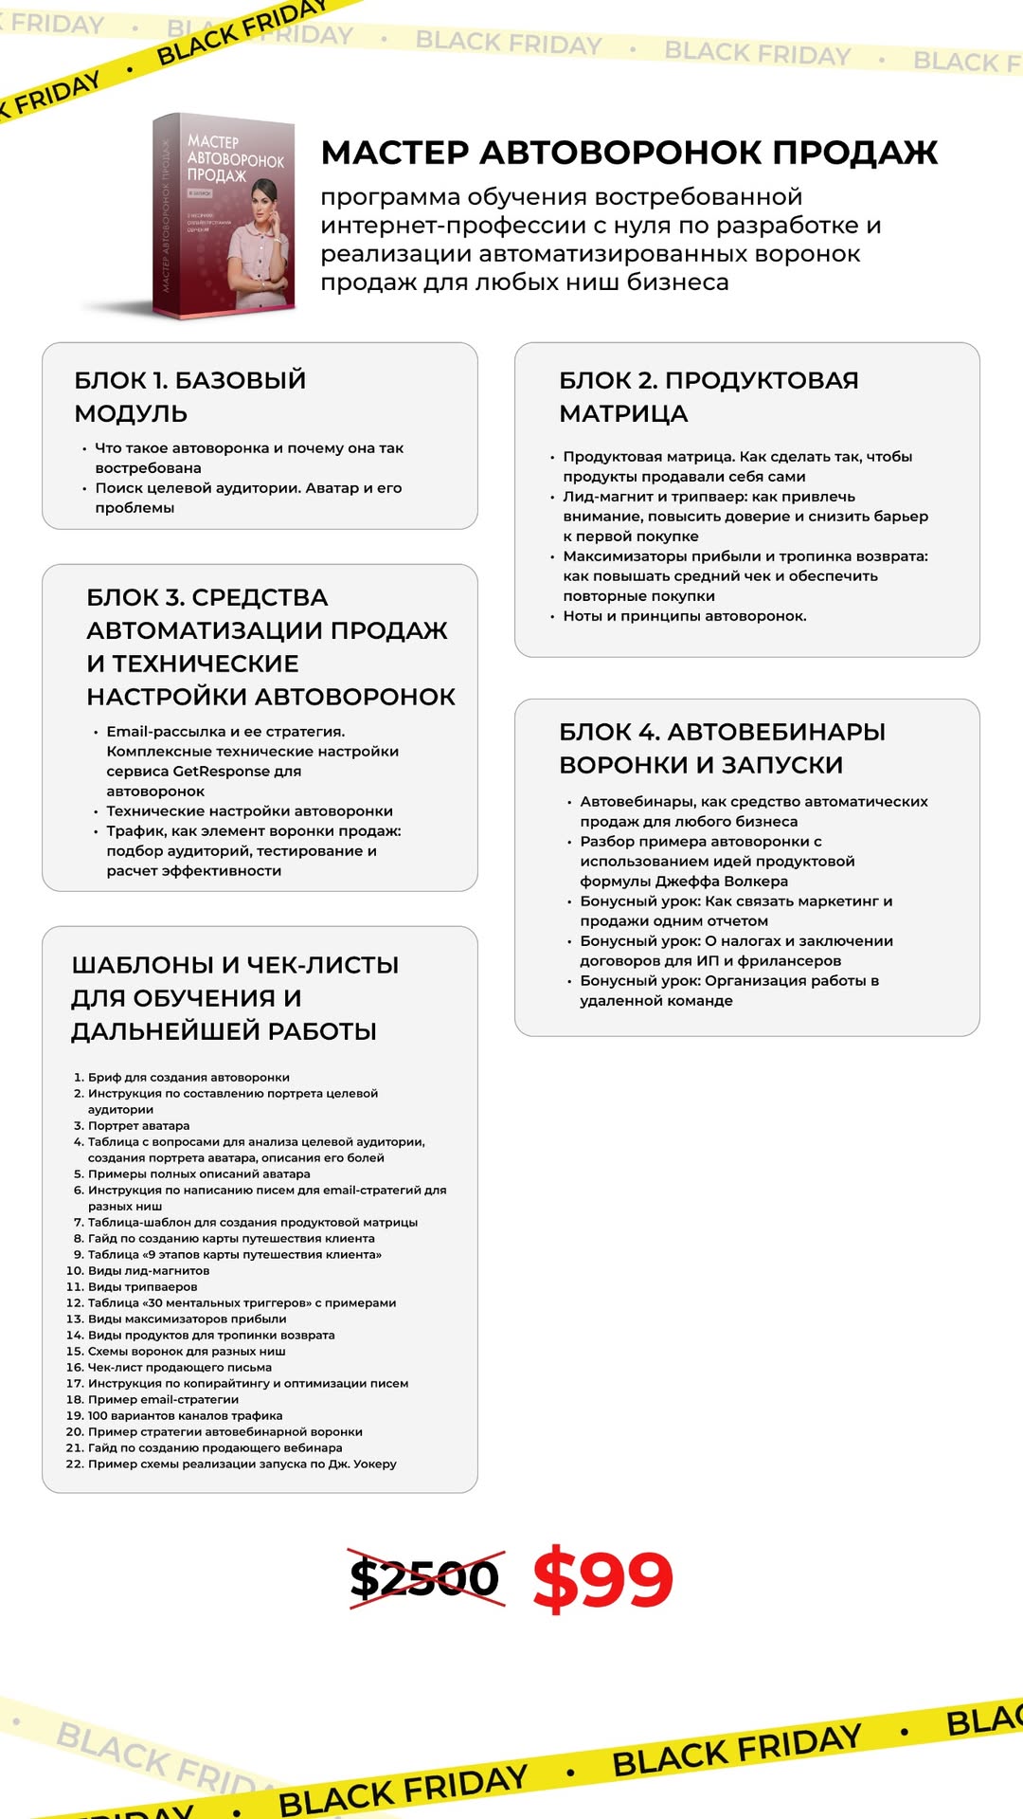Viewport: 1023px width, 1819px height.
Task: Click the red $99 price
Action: click(602, 1578)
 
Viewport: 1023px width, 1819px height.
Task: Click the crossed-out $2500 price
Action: click(425, 1578)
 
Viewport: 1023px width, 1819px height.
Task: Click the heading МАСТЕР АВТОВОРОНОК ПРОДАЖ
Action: click(629, 153)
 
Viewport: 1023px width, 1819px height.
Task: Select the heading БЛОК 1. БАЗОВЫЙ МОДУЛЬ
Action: click(189, 396)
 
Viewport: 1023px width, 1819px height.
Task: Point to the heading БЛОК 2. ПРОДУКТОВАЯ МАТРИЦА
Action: click(709, 396)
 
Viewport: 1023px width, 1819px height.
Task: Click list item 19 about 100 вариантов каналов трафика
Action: click(185, 1415)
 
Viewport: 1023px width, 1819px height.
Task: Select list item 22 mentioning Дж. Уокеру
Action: click(242, 1464)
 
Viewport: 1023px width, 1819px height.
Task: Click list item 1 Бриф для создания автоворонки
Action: click(188, 1077)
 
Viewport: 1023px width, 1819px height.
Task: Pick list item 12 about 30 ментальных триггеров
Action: click(242, 1302)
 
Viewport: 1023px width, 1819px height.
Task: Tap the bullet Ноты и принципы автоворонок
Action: click(684, 616)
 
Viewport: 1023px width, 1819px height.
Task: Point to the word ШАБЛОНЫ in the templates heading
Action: click(142, 965)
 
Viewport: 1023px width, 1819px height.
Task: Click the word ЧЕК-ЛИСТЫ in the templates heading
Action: click(322, 965)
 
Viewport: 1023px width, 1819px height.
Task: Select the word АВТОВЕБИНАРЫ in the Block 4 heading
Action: click(776, 732)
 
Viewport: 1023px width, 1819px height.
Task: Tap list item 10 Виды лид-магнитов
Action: click(149, 1270)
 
